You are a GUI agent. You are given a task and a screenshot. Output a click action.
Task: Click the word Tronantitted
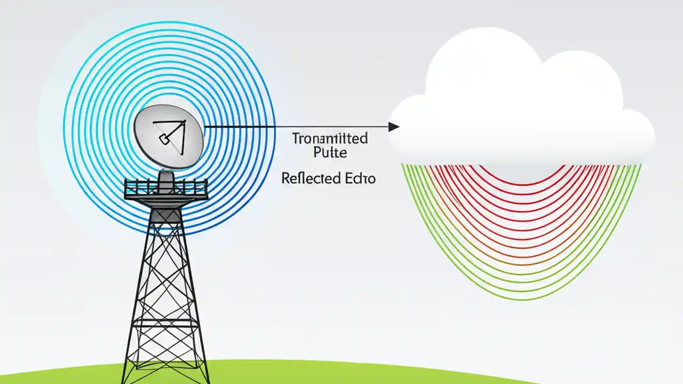pos(330,139)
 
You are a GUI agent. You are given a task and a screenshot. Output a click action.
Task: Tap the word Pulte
pos(330,153)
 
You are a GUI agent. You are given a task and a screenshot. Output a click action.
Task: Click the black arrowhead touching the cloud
pos(394,126)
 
